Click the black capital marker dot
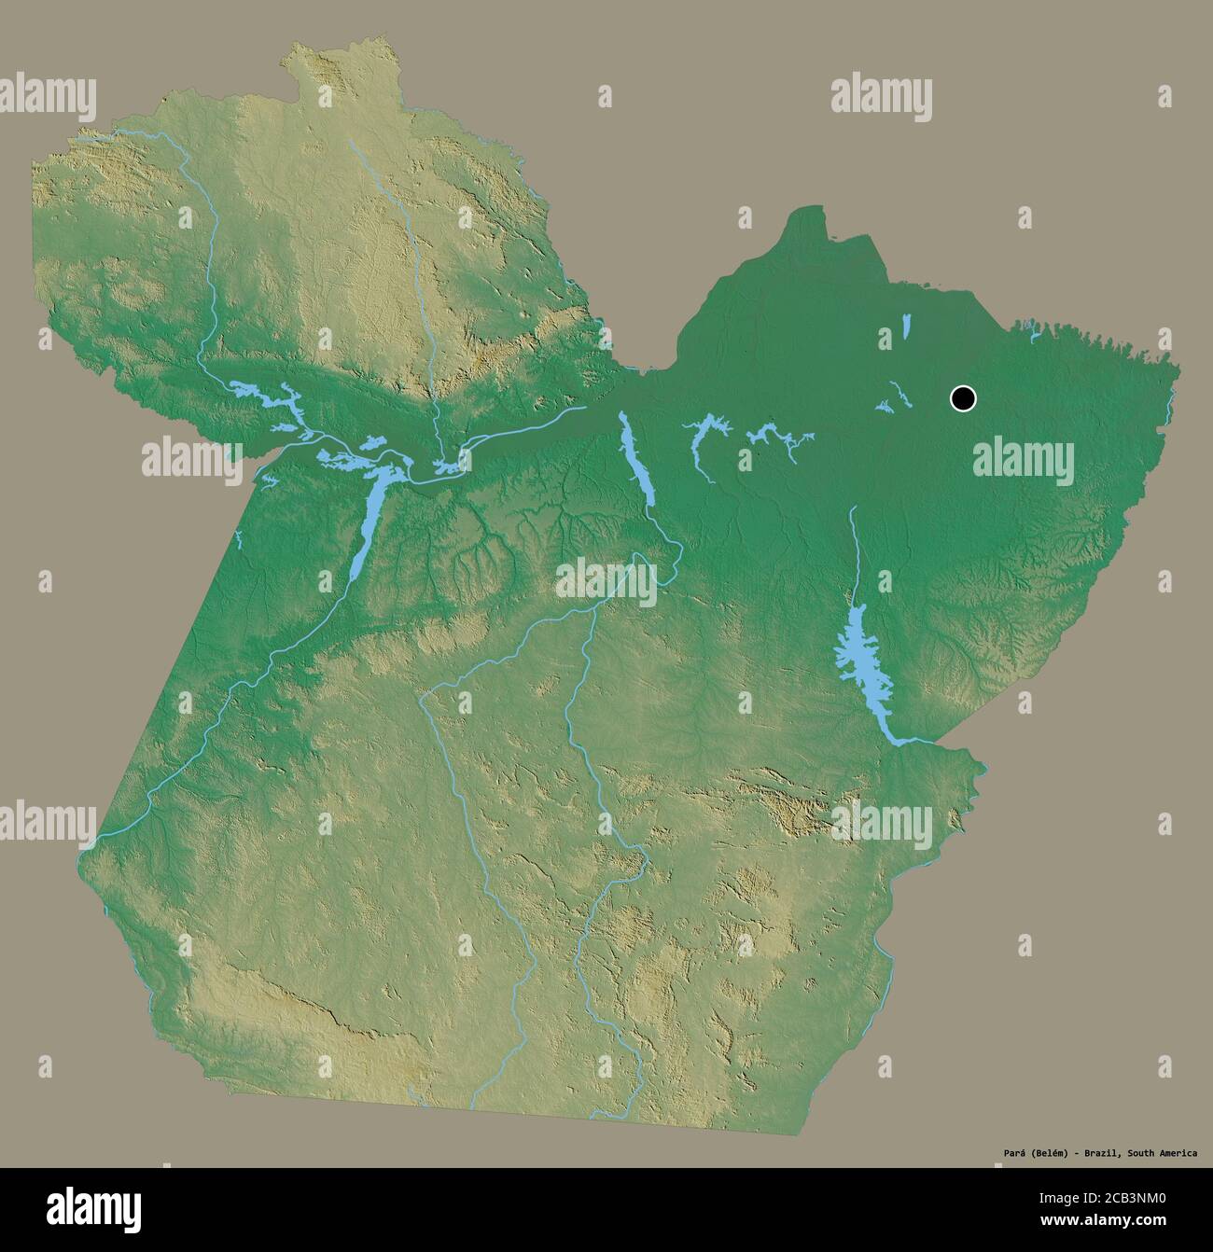(x=963, y=398)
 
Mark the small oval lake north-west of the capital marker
(x=906, y=327)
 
